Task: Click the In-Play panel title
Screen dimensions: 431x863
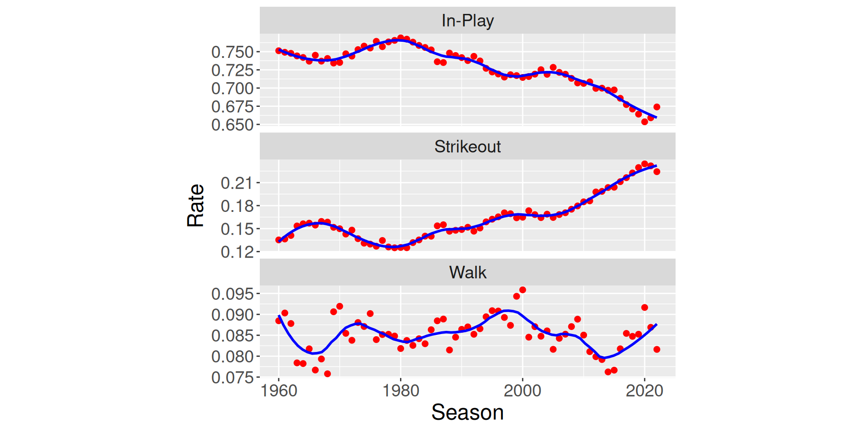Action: point(467,21)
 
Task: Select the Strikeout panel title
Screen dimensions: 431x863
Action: point(467,147)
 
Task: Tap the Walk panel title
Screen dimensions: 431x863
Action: point(467,273)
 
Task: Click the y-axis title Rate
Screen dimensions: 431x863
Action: point(196,205)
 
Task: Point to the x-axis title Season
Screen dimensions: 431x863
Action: point(467,412)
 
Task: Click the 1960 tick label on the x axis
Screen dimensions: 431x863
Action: point(279,391)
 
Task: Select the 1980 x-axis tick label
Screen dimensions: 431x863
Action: point(400,391)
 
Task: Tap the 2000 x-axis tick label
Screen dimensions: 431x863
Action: point(522,391)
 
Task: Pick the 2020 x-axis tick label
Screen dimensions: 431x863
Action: point(644,391)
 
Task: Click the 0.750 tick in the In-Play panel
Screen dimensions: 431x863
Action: point(232,52)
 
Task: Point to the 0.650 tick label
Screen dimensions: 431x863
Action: point(232,125)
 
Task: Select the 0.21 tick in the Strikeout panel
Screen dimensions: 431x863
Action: point(237,183)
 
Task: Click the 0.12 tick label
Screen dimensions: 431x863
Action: point(237,252)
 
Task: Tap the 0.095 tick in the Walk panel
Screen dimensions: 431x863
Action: point(232,294)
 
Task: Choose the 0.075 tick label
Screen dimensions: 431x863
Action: point(232,378)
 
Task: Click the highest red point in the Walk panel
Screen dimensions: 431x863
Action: point(522,290)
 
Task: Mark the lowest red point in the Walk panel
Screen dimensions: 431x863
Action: point(327,374)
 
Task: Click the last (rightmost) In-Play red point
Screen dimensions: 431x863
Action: point(657,107)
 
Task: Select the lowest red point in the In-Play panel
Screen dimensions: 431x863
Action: point(645,122)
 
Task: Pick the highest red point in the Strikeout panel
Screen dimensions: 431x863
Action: point(645,164)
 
